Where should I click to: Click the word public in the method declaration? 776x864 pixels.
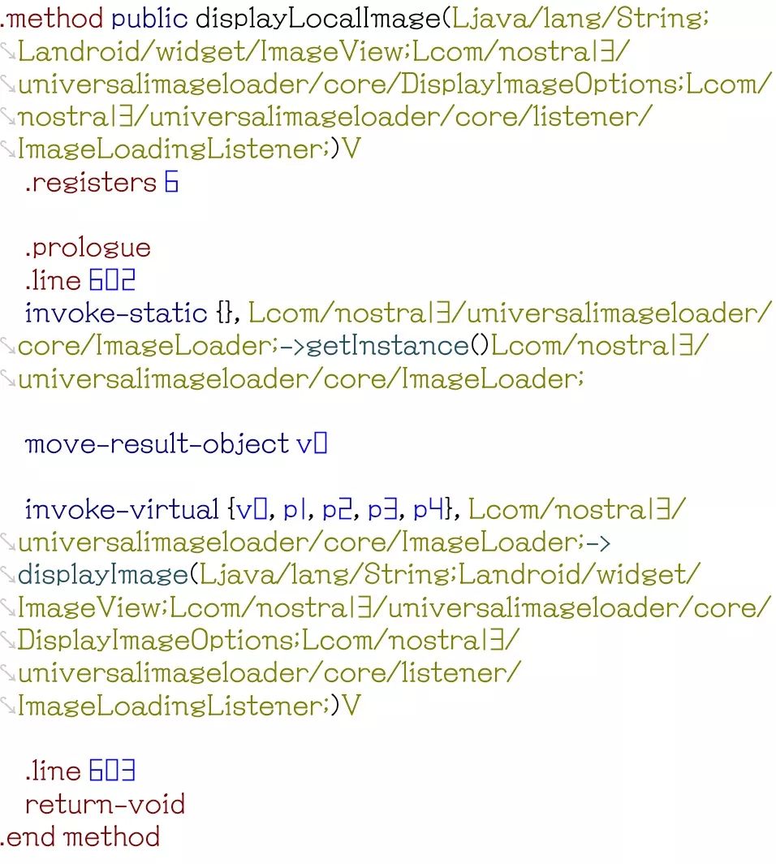pyautogui.click(x=149, y=18)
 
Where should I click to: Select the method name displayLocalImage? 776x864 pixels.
pyautogui.click(x=317, y=18)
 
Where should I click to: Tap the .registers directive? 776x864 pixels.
pyautogui.click(x=90, y=183)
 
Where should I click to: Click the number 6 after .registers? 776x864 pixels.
pyautogui.click(x=171, y=183)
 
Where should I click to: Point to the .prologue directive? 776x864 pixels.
pyautogui.click(x=88, y=248)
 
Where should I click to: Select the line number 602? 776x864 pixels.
pyautogui.click(x=112, y=281)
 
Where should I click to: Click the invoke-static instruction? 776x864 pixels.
pyautogui.click(x=116, y=313)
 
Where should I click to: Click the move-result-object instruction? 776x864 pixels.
pyautogui.click(x=157, y=445)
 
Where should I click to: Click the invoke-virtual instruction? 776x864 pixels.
pyautogui.click(x=122, y=510)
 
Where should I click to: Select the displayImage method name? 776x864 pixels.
pyautogui.click(x=102, y=576)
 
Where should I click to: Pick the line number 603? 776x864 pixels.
pyautogui.click(x=112, y=771)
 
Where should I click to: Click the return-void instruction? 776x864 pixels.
pyautogui.click(x=105, y=805)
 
